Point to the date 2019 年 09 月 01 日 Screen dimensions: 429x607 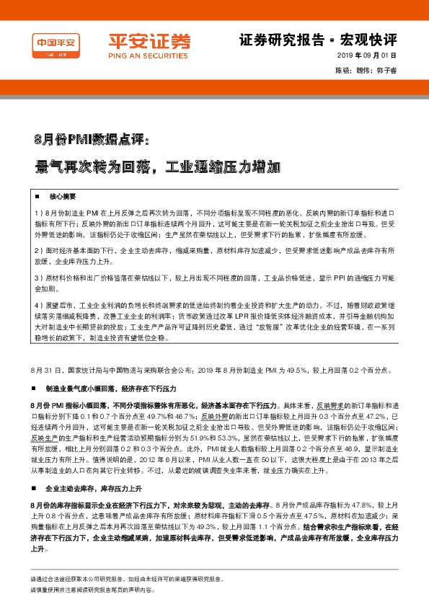(x=367, y=56)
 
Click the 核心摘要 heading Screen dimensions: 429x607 (x=62, y=197)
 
